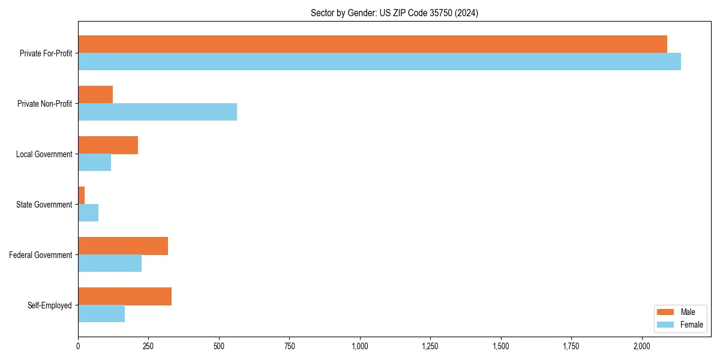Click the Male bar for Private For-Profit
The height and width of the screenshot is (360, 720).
[x=372, y=44]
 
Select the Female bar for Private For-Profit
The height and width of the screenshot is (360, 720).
[x=379, y=61]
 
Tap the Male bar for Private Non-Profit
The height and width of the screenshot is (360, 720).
[x=95, y=94]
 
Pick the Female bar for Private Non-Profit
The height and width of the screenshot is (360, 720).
[x=157, y=112]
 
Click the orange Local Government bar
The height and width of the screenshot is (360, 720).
[x=108, y=145]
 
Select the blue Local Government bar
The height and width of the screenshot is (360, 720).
[x=94, y=162]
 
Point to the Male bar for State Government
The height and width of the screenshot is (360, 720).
[x=82, y=195]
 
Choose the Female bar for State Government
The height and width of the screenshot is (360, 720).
[x=88, y=212]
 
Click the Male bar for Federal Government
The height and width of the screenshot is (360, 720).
[x=123, y=245]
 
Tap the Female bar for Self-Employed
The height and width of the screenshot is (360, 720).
[x=101, y=313]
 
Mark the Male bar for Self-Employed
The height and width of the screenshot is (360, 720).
[x=125, y=296]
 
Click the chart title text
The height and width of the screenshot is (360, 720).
[x=394, y=13]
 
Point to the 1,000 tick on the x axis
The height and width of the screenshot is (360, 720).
[x=360, y=346]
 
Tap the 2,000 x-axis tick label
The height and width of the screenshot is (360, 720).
[x=642, y=346]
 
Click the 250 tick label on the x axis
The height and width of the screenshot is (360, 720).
[x=148, y=346]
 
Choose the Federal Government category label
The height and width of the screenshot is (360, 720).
[x=41, y=255]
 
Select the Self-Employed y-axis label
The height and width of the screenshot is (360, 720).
[x=50, y=305]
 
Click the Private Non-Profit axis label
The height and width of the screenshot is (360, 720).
[x=44, y=104]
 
